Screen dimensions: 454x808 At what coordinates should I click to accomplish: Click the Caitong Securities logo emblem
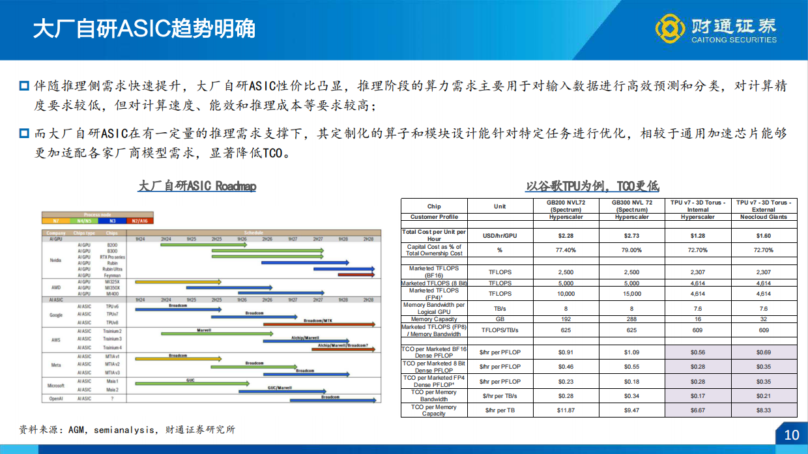[669, 29]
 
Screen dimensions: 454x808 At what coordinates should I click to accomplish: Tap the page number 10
[791, 434]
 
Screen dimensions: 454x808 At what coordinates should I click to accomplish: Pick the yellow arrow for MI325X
[176, 281]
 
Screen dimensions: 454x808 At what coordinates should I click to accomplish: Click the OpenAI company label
[55, 398]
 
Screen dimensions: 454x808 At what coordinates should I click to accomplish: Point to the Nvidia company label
[55, 259]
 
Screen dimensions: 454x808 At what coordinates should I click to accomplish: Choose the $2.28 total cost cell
[566, 235]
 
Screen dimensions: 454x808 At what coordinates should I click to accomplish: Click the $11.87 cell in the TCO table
[566, 410]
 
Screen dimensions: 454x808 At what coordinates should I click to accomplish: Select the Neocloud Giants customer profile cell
[763, 217]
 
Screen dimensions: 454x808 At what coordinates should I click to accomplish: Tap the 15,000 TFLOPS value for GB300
[631, 294]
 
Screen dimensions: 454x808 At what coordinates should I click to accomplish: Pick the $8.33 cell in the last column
[763, 410]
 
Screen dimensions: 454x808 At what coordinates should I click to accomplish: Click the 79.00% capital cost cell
[631, 250]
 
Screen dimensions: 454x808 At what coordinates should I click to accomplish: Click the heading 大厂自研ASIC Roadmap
[197, 186]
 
